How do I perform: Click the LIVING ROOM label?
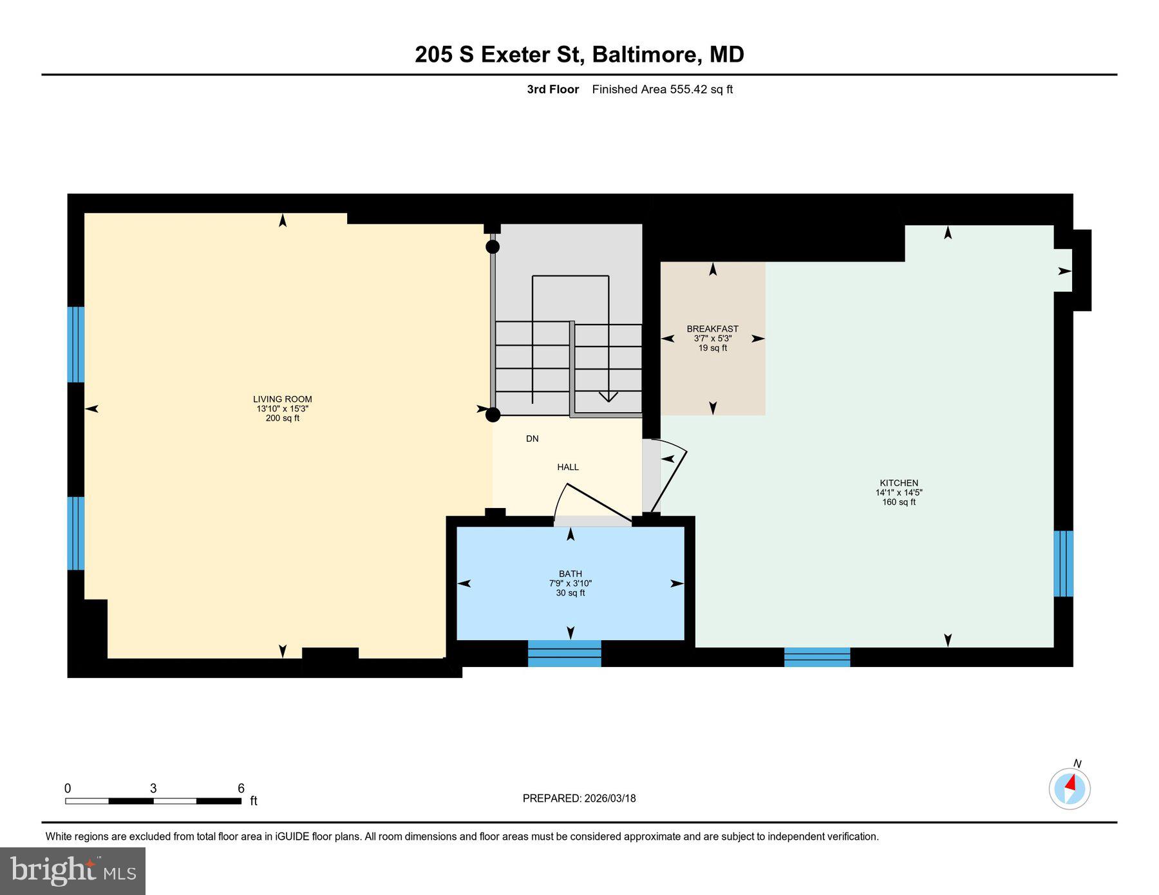click(282, 399)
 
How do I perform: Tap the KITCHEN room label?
click(899, 483)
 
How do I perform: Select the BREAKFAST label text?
click(712, 329)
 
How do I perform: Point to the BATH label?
click(570, 574)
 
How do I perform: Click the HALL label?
click(568, 467)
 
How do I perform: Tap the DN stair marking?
click(532, 438)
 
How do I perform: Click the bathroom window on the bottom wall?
click(565, 653)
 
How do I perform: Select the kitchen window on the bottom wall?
click(817, 657)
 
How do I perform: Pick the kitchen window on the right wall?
click(1063, 563)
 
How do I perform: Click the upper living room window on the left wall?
click(76, 344)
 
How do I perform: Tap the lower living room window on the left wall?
click(76, 533)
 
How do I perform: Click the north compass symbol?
click(1069, 788)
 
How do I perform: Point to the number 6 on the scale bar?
click(241, 789)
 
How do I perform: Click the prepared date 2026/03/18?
click(610, 798)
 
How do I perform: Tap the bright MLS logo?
click(73, 871)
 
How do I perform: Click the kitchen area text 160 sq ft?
click(899, 502)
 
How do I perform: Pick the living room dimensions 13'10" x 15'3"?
click(282, 409)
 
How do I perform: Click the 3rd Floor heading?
click(553, 89)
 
